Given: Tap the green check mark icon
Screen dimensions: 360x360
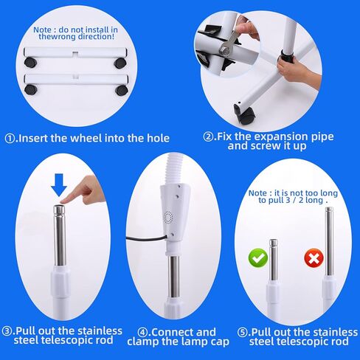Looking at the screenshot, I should [257, 259].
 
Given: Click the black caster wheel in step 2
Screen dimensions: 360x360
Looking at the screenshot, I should [243, 113].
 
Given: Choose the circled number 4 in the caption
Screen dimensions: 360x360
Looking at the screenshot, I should [133, 332].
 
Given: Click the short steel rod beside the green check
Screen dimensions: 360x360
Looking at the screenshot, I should [274, 262].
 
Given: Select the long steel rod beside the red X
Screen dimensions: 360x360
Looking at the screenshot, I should [328, 243].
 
